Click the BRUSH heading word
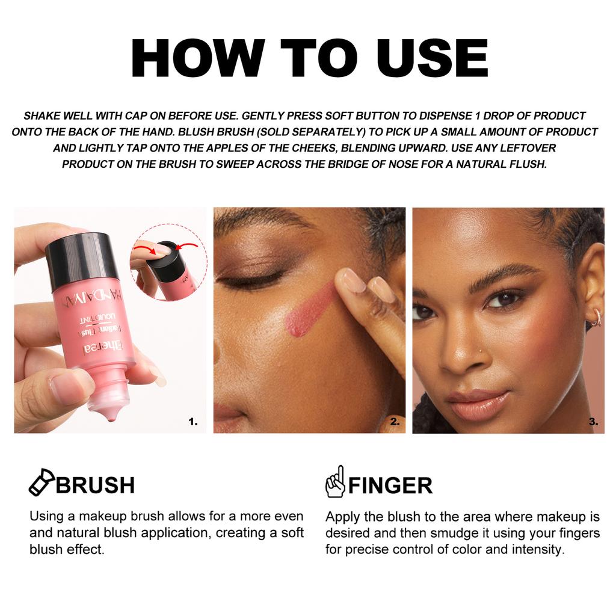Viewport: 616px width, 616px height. pos(95,485)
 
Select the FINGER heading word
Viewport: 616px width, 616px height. pos(390,485)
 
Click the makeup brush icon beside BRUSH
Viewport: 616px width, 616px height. pos(42,482)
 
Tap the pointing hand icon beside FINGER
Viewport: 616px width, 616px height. pos(334,482)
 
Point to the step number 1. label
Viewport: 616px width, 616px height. pos(192,422)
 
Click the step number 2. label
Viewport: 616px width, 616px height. pos(395,422)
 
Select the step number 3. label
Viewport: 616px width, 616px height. pos(593,422)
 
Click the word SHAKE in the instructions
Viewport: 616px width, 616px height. pos(42,115)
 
